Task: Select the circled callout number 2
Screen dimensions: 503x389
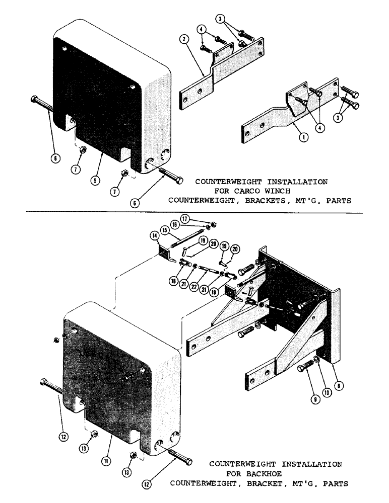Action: [185, 39]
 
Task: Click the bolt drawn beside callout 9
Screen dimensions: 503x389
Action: [307, 368]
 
